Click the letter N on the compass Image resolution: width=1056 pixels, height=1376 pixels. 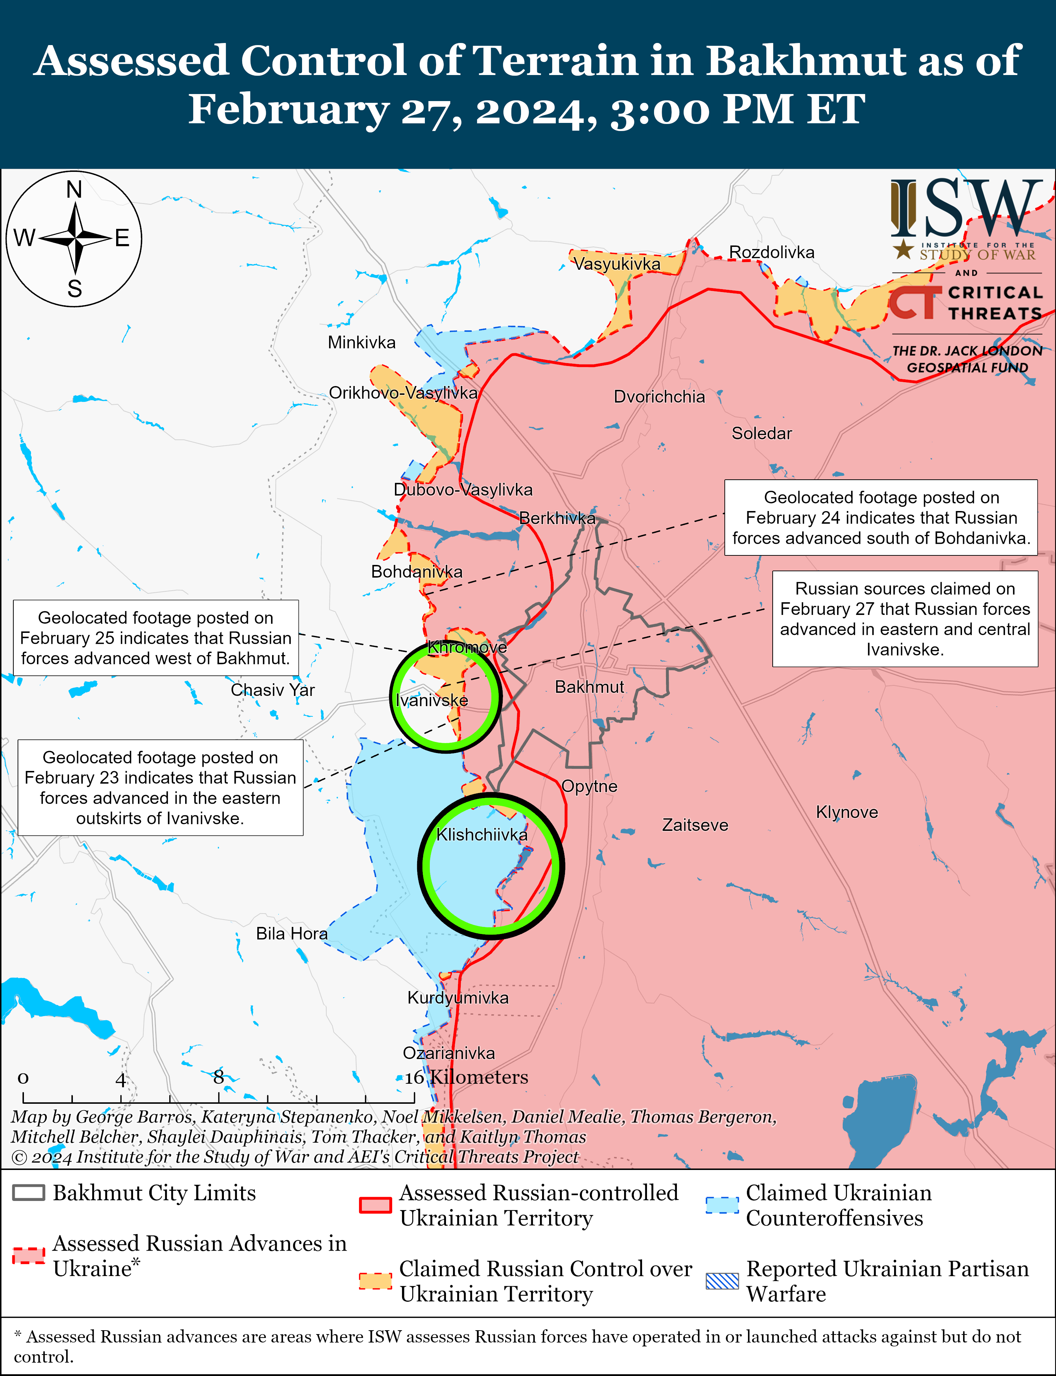coord(74,189)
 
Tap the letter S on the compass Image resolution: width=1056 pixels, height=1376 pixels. coord(74,289)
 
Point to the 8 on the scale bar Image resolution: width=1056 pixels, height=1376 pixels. coord(218,1077)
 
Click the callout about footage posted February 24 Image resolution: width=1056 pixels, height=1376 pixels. coord(881,518)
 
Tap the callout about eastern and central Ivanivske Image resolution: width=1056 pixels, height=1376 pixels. coord(905,619)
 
